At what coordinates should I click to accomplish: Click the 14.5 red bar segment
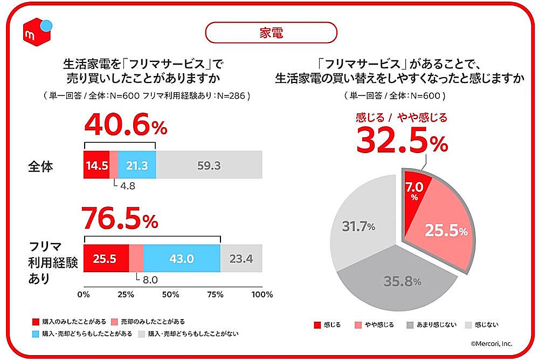coord(96,165)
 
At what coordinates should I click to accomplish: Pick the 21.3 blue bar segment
coord(137,165)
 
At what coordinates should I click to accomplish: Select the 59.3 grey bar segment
coord(209,165)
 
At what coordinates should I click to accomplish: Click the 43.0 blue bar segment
coord(182,259)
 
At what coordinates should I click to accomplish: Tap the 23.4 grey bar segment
coord(241,259)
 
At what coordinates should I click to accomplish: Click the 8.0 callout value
coord(149,280)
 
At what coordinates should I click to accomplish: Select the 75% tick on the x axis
coord(216,294)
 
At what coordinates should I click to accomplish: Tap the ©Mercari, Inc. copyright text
coord(489,343)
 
